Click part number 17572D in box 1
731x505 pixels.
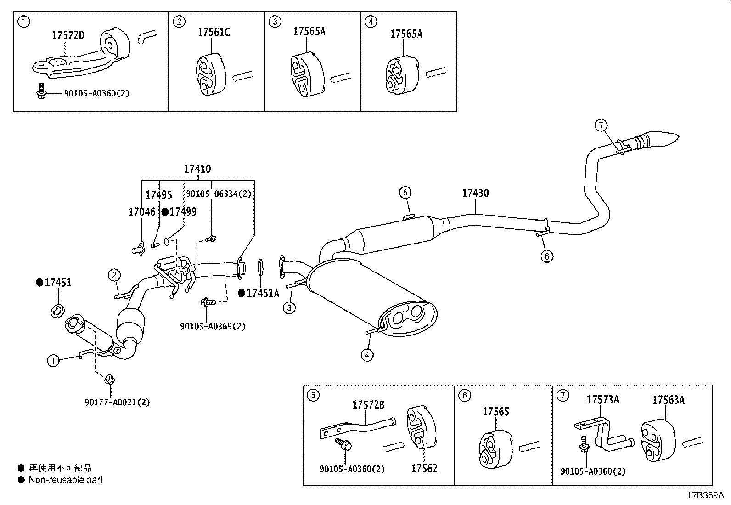(x=68, y=35)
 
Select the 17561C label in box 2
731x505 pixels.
(x=214, y=32)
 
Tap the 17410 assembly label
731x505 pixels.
(x=197, y=169)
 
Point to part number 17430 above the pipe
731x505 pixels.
(x=475, y=193)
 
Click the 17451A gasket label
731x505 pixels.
(x=262, y=293)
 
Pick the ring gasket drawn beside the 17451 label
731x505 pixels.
(x=56, y=311)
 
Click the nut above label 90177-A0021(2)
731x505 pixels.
(x=110, y=380)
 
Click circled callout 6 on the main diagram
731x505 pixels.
(x=546, y=255)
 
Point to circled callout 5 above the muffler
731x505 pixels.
(x=405, y=192)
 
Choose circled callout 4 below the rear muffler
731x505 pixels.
(x=367, y=354)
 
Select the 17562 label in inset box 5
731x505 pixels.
(x=424, y=469)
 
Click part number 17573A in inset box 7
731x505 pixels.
(x=602, y=400)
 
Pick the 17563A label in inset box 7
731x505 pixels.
(x=668, y=400)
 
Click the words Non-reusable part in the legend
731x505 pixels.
(x=65, y=480)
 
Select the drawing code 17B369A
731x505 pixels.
(x=705, y=495)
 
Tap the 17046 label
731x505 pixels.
(x=142, y=212)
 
